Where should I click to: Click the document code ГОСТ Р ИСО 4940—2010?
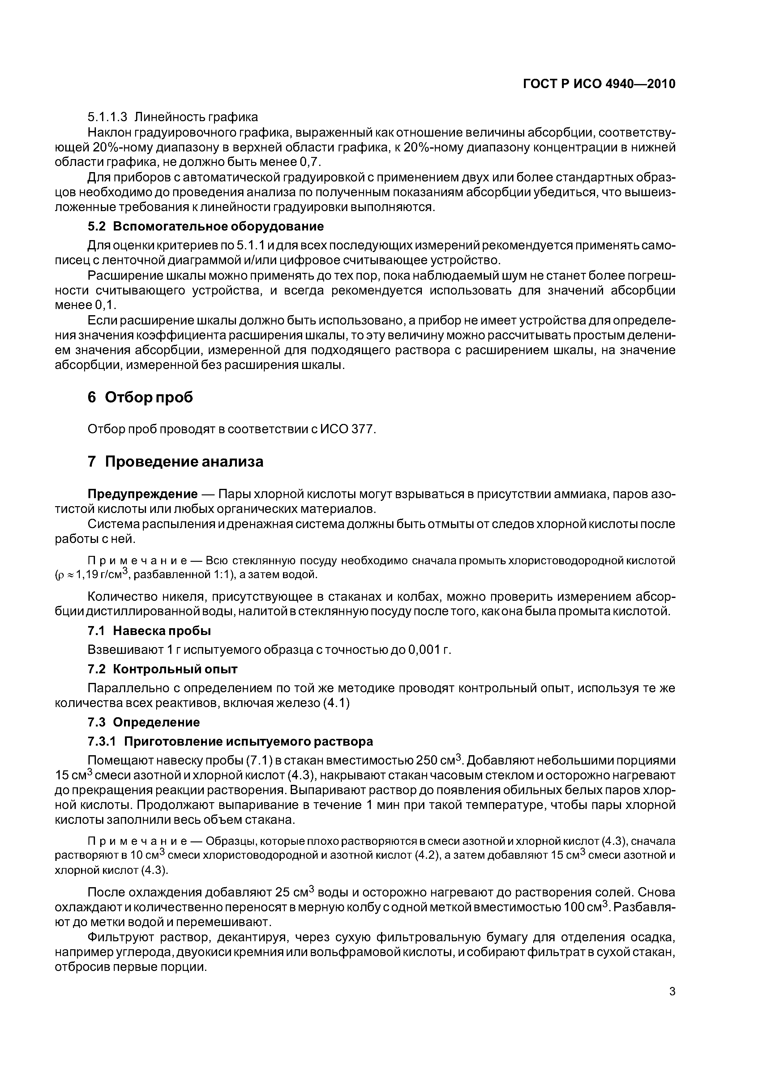[x=599, y=84]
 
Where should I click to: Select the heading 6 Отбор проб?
[x=140, y=397]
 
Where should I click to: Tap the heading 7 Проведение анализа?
[x=175, y=461]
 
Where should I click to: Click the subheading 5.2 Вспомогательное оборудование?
[x=206, y=226]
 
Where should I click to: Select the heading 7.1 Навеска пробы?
[x=149, y=631]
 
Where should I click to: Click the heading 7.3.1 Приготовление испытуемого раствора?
[x=230, y=742]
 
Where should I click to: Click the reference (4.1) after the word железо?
[x=336, y=703]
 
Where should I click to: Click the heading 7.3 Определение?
[x=144, y=722]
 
